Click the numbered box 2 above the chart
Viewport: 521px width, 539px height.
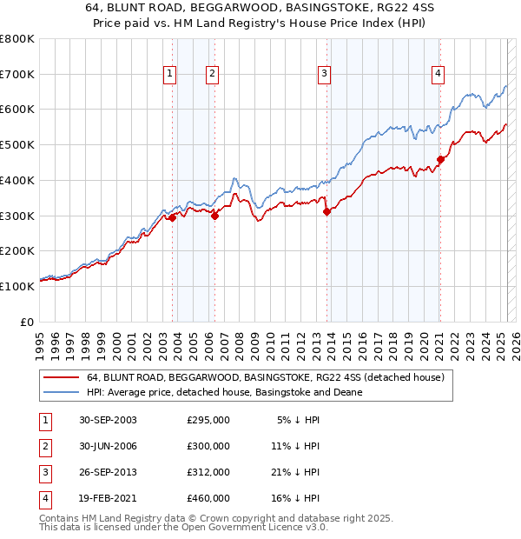212,75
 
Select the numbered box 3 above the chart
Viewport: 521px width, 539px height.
324,75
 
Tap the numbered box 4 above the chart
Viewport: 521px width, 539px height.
439,75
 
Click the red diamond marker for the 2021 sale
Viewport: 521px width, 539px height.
440,159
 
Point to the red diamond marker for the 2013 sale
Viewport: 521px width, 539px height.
326,211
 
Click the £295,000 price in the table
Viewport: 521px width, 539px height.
208,420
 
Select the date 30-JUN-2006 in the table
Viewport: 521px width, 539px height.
108,446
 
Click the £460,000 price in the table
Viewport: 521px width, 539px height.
208,498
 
